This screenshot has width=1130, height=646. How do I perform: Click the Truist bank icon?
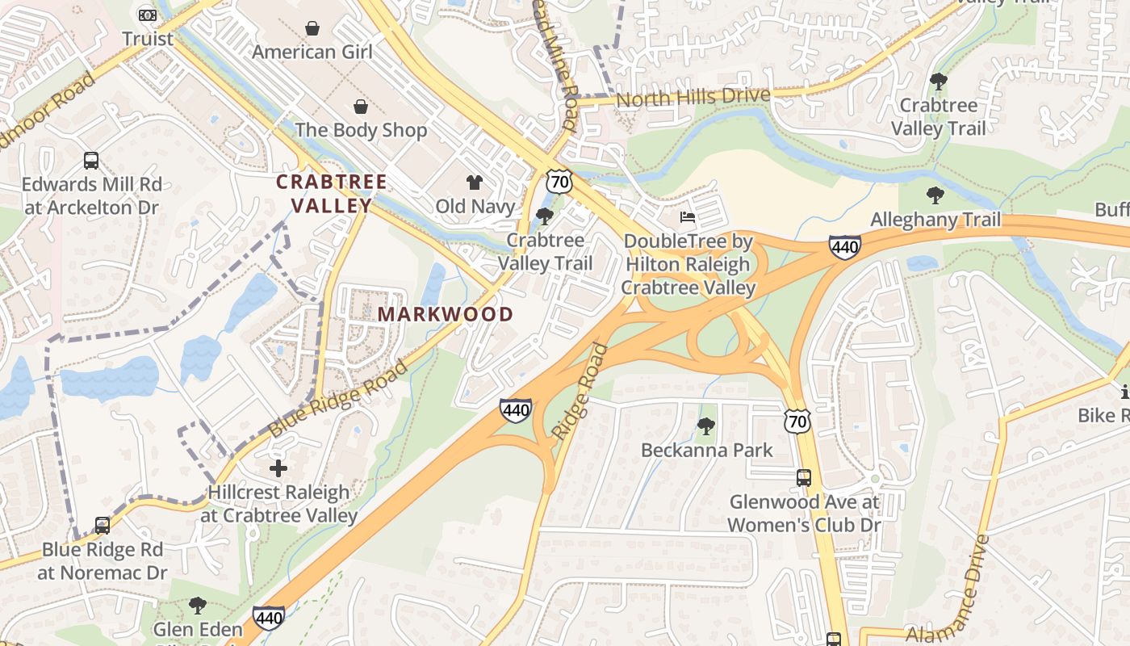pyautogui.click(x=147, y=15)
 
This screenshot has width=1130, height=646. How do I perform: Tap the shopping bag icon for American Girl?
pyautogui.click(x=312, y=28)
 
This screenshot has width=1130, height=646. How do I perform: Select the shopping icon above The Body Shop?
pyautogui.click(x=361, y=107)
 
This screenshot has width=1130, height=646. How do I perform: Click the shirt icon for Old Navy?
pyautogui.click(x=475, y=183)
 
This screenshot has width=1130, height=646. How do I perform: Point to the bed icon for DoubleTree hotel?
pyautogui.click(x=687, y=217)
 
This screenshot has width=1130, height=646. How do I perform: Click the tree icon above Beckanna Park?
pyautogui.click(x=706, y=426)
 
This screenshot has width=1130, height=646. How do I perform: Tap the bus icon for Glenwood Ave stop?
pyautogui.click(x=804, y=477)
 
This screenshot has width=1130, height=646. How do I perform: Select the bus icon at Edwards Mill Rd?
pyautogui.click(x=91, y=160)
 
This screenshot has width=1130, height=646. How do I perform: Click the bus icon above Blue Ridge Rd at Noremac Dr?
pyautogui.click(x=103, y=526)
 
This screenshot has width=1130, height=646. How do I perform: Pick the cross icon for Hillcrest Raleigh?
pyautogui.click(x=278, y=468)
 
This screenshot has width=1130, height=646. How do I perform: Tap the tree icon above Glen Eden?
pyautogui.click(x=198, y=606)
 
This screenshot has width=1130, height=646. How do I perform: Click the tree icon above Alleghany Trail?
pyautogui.click(x=935, y=195)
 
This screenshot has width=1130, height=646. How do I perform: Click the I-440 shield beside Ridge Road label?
pyautogui.click(x=515, y=410)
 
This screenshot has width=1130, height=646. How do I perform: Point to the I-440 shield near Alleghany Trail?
pyautogui.click(x=844, y=247)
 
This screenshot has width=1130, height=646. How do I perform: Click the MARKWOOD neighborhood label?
pyautogui.click(x=446, y=314)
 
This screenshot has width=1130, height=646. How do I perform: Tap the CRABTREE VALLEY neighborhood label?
pyautogui.click(x=332, y=194)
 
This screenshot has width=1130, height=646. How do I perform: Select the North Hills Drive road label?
pyautogui.click(x=693, y=98)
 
